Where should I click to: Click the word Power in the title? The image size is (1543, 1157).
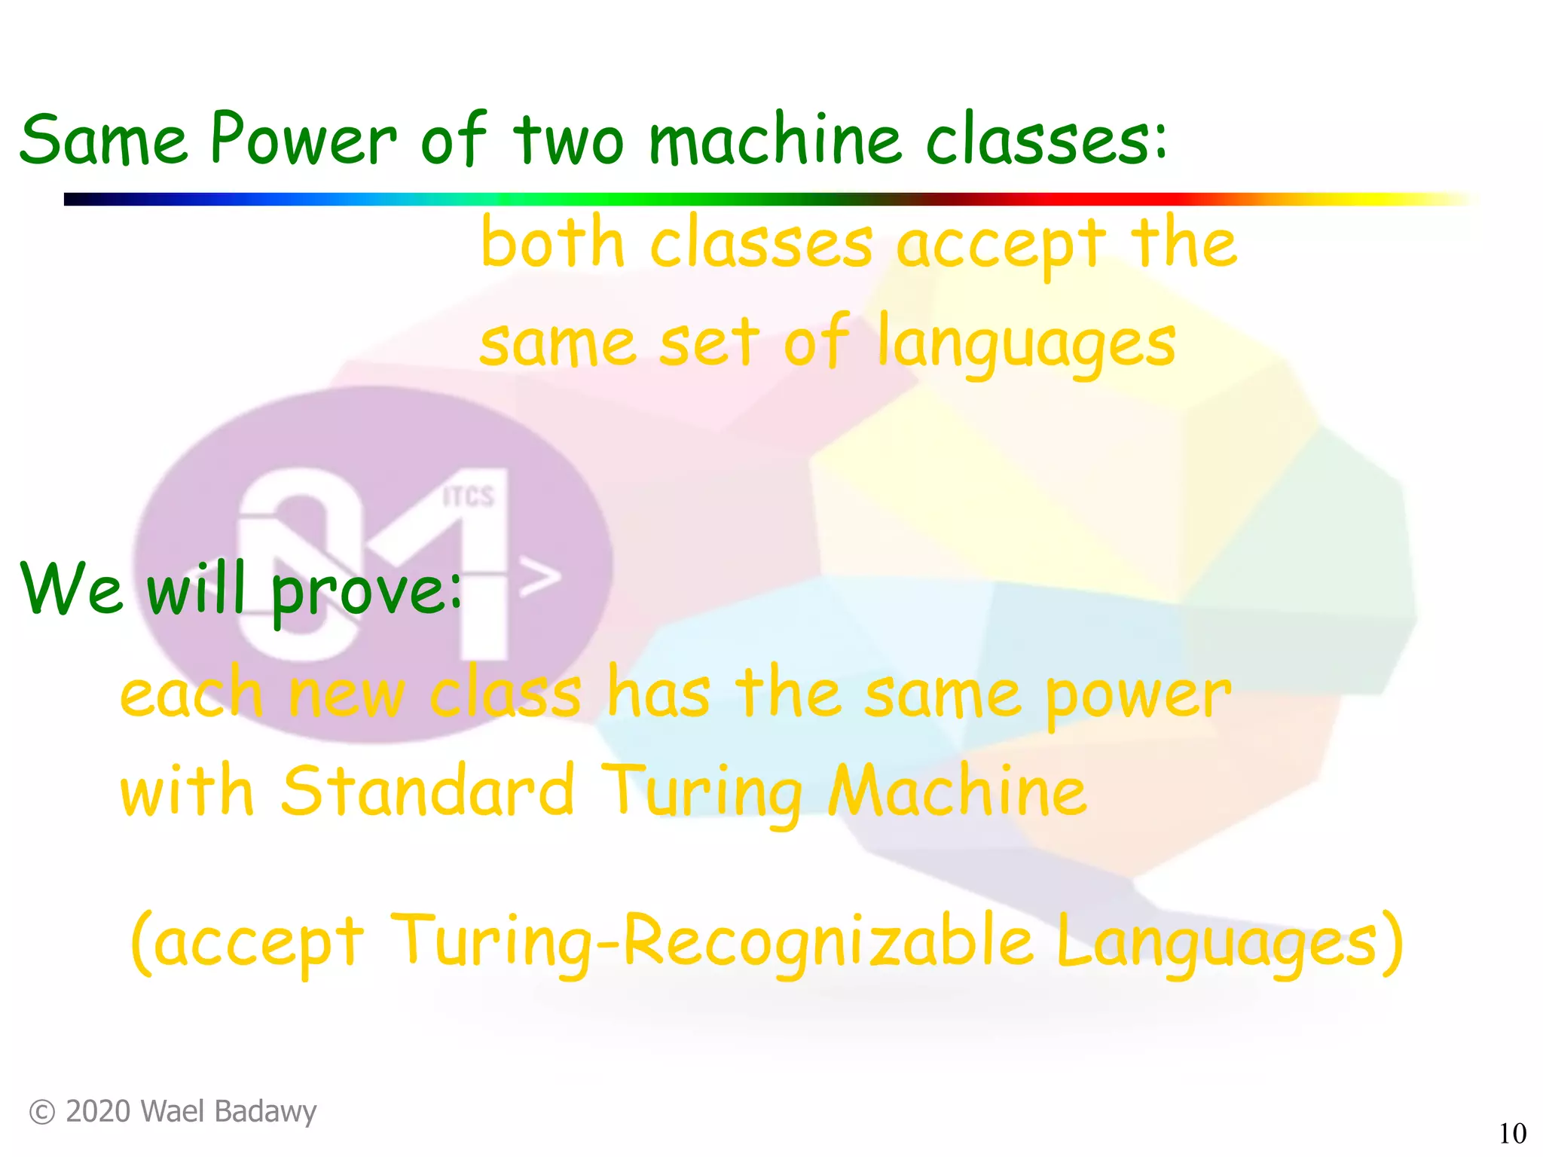tap(303, 139)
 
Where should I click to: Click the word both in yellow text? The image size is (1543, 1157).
tap(553, 243)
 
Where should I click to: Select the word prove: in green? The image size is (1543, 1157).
tap(366, 592)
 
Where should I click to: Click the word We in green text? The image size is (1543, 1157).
tap(72, 589)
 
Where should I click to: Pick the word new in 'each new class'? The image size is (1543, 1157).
tap(347, 695)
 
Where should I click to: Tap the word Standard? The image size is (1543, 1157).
tap(428, 791)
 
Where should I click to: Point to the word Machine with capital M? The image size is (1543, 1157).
tap(957, 791)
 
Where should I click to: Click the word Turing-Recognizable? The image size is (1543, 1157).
tap(713, 942)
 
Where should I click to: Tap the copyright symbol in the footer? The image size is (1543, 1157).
tap(42, 1113)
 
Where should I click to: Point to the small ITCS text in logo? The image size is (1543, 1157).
tap(469, 497)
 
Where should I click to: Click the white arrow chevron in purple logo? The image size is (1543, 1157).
tap(541, 578)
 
